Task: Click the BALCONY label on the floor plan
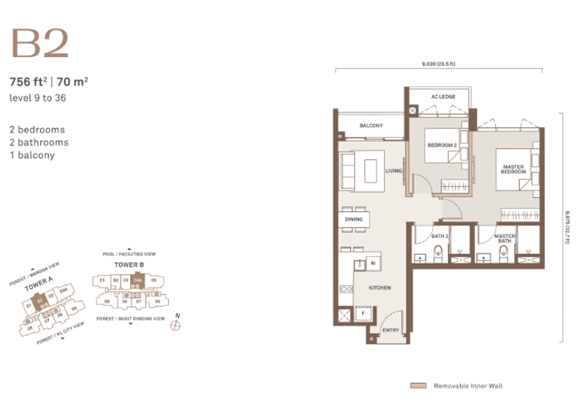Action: click(371, 126)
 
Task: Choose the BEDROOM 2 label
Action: click(442, 145)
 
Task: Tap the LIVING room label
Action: click(394, 171)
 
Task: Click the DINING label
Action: click(354, 219)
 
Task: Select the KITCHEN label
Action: click(380, 288)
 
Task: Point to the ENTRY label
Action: click(390, 331)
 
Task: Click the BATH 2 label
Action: click(439, 236)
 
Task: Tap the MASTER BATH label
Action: click(505, 239)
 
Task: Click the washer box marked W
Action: click(373, 263)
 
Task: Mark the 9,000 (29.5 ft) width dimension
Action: click(439, 64)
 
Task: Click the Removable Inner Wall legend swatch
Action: click(418, 385)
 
